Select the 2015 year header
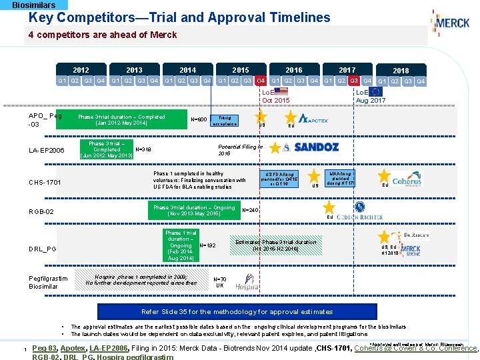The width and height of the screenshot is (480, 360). (241, 70)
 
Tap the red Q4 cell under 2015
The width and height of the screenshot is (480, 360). (261, 81)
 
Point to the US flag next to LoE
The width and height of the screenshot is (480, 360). (281, 91)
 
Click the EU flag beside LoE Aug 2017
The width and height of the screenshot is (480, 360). (377, 91)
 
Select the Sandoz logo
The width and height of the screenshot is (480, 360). (309, 147)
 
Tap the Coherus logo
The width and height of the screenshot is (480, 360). (407, 179)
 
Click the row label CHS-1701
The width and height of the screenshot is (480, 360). (45, 183)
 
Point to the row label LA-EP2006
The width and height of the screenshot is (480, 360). (47, 151)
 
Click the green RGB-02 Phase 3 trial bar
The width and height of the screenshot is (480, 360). (194, 211)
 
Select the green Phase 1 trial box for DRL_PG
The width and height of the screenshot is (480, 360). (180, 245)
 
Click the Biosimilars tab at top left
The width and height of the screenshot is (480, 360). (34, 5)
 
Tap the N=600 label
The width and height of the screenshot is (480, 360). (198, 120)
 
